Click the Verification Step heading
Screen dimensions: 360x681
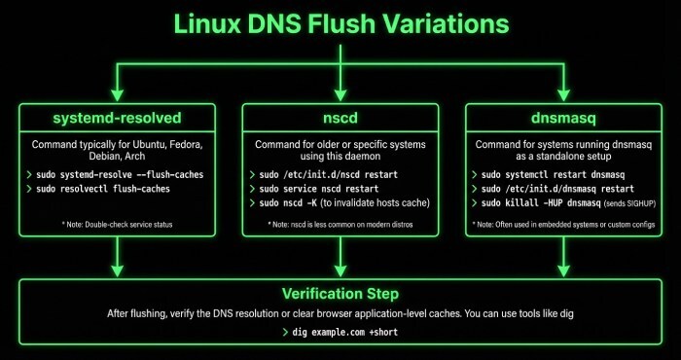pyautogui.click(x=340, y=293)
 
